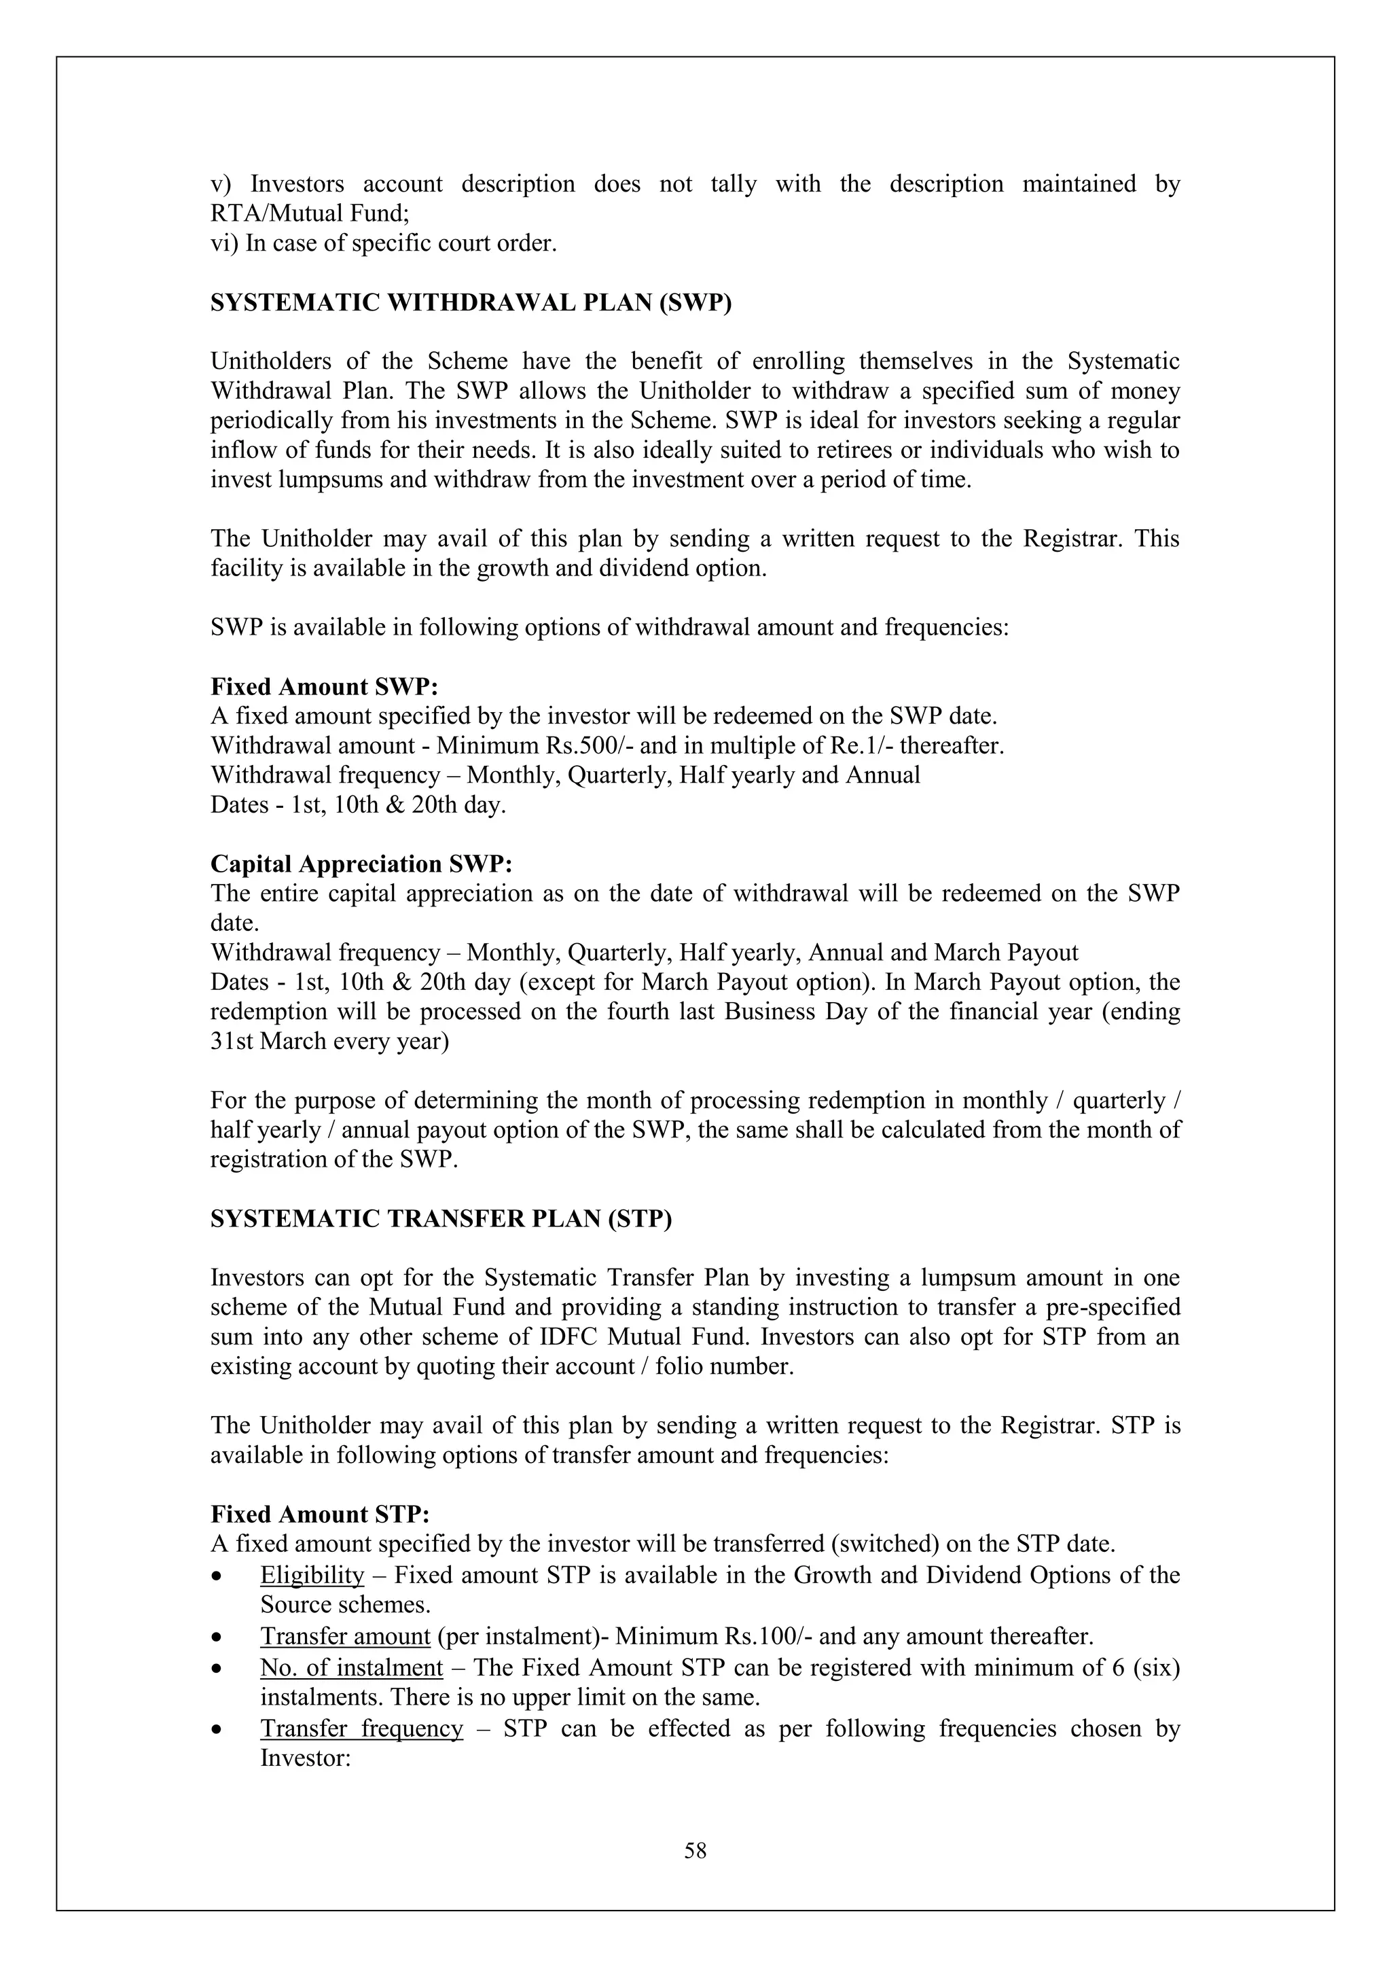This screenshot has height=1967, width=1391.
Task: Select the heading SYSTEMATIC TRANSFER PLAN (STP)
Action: tap(441, 1219)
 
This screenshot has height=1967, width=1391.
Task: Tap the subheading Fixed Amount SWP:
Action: tap(324, 687)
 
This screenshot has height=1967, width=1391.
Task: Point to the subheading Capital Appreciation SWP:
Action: tap(361, 864)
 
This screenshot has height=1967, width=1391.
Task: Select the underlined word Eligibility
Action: tap(312, 1575)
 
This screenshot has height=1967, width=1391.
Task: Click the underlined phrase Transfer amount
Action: tap(344, 1636)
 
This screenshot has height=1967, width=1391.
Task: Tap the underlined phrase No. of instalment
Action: tap(351, 1667)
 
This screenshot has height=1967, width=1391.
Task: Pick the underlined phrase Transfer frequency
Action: tap(361, 1729)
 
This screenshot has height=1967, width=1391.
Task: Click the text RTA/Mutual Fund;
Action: tap(310, 213)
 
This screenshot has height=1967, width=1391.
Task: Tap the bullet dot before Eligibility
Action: tap(220, 1576)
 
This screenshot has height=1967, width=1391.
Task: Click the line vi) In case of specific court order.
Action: tap(384, 243)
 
